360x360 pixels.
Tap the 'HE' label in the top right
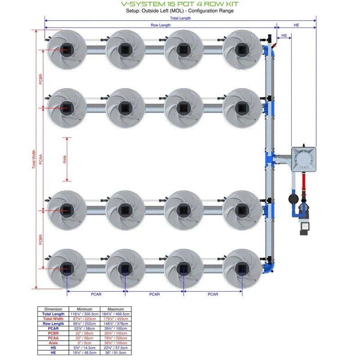click(296, 25)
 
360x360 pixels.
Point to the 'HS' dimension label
click(284, 35)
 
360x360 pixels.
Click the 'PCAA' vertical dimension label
click(40, 159)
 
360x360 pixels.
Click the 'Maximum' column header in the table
click(116, 309)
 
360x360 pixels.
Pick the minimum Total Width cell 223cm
click(84, 319)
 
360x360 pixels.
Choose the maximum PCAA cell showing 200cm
click(116, 338)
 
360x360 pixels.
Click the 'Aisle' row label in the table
click(54, 343)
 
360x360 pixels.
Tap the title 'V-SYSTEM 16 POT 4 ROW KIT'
click(180, 4)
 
